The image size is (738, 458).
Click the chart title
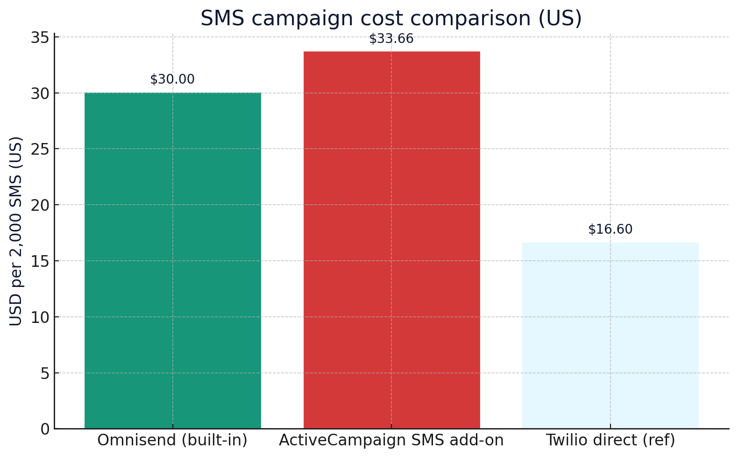pyautogui.click(x=391, y=19)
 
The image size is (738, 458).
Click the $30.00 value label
pyautogui.click(x=172, y=79)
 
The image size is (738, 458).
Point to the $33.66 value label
pyautogui.click(x=391, y=39)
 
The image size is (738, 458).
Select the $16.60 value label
pyautogui.click(x=610, y=229)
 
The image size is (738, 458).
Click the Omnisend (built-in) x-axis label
pyautogui.click(x=172, y=440)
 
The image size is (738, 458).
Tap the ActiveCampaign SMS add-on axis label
pyautogui.click(x=391, y=440)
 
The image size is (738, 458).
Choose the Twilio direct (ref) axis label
pyautogui.click(x=610, y=440)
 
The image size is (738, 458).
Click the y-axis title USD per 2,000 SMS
pyautogui.click(x=16, y=231)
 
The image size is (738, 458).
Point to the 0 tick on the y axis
pyautogui.click(x=45, y=429)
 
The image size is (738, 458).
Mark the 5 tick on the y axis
pyautogui.click(x=45, y=373)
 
